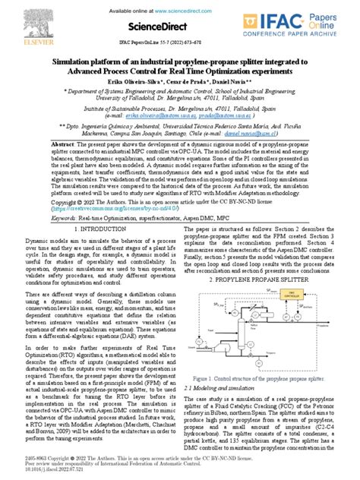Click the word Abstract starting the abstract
65,143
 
